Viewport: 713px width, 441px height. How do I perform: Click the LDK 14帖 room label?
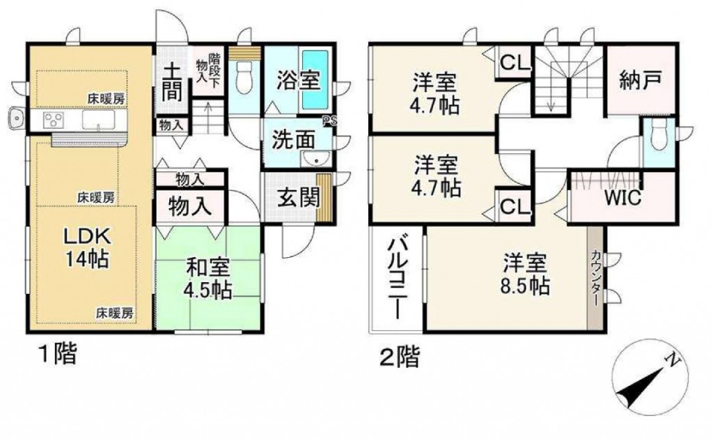86,247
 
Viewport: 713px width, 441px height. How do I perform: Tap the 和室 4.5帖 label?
209,278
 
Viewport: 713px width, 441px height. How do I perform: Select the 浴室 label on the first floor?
299,81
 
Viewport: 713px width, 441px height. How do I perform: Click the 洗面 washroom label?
293,140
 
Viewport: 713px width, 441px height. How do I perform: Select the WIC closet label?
622,198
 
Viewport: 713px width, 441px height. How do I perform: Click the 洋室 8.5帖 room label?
525,274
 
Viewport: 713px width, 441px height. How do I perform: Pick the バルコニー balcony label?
397,277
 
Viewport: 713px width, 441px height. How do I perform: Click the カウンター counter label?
595,277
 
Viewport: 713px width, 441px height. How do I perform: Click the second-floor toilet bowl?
657,134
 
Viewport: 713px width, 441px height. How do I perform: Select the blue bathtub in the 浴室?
315,79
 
